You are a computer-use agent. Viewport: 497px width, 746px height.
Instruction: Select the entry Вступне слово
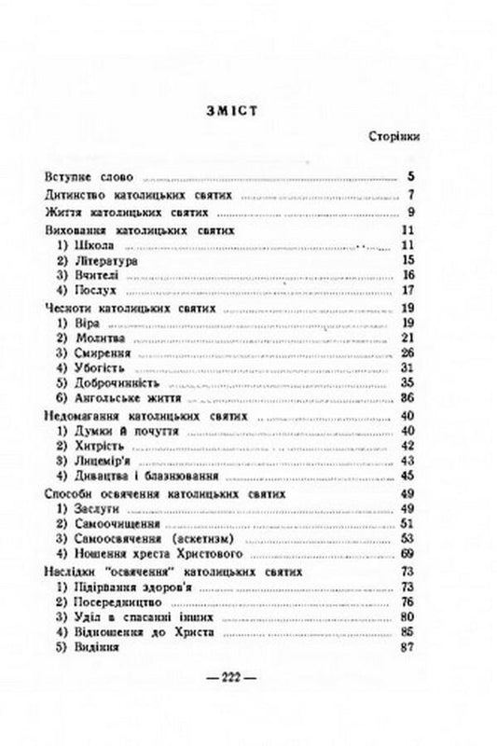coord(90,175)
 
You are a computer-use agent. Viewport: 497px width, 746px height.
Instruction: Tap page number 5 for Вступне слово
coord(410,175)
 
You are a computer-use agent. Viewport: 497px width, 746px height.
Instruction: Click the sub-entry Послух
coord(90,291)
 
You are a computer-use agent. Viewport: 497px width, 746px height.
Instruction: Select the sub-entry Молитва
coord(96,338)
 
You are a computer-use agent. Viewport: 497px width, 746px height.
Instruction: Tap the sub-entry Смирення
coord(98,353)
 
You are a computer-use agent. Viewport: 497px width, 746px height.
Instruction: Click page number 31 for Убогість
coord(407,368)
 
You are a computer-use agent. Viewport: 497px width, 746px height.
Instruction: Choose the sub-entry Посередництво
coord(116,601)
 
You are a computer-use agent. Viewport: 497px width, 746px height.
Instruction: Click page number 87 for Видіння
coord(407,647)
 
